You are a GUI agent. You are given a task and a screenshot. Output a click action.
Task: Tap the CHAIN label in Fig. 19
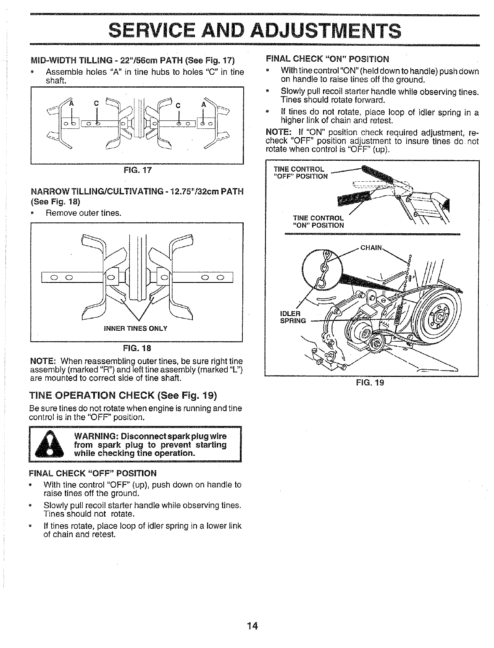coord(371,248)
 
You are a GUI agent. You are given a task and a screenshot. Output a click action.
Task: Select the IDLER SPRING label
coord(290,317)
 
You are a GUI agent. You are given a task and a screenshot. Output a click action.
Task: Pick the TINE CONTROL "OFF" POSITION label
coord(300,172)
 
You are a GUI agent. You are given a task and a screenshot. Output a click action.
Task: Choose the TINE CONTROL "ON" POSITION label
coord(318,221)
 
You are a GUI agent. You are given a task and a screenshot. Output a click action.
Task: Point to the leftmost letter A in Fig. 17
coord(71,104)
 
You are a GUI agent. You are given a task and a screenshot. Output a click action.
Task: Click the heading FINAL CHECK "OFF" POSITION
coord(92,473)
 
